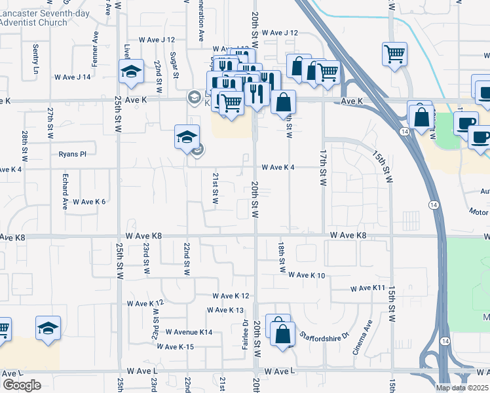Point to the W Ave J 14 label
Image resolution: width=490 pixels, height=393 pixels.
click(x=72, y=77)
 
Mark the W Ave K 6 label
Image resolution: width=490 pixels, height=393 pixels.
click(x=89, y=202)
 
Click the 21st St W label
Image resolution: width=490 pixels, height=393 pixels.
click(x=215, y=188)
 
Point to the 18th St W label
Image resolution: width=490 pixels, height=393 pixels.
click(x=282, y=256)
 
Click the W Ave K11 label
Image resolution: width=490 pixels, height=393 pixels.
click(x=367, y=288)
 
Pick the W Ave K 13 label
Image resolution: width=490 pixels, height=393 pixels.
click(x=225, y=310)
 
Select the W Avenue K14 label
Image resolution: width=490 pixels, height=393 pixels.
click(x=189, y=333)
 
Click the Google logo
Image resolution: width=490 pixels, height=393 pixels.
click(x=21, y=385)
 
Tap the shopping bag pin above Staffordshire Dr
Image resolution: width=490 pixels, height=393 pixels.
click(x=282, y=334)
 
